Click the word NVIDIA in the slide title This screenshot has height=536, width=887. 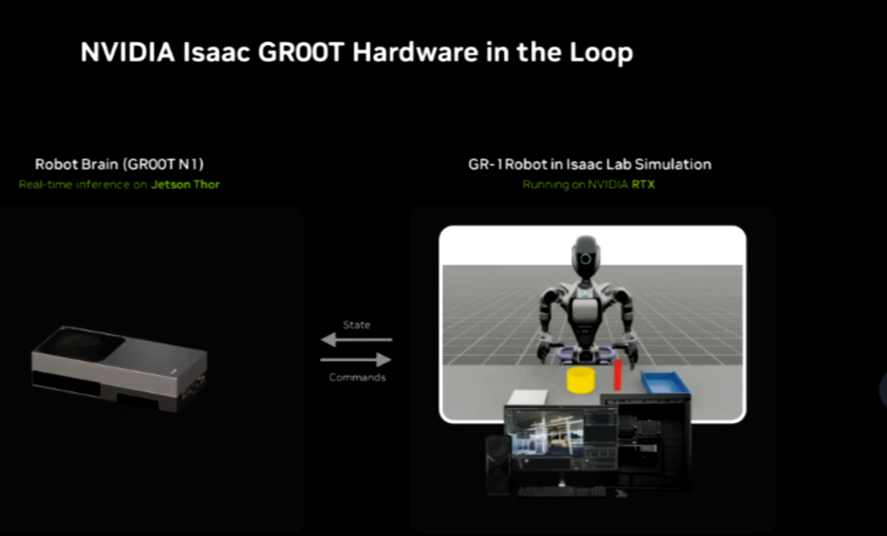(x=128, y=53)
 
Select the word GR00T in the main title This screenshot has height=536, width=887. (x=301, y=53)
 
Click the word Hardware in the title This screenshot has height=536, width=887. (x=415, y=53)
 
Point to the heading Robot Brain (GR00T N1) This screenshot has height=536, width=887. (x=120, y=164)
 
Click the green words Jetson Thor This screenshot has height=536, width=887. (x=185, y=185)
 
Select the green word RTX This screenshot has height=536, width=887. (x=643, y=185)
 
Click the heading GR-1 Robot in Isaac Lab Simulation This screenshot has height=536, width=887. (x=590, y=164)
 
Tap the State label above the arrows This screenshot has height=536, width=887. (x=356, y=325)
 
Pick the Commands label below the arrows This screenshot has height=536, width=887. (x=357, y=377)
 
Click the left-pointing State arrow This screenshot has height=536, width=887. (x=356, y=339)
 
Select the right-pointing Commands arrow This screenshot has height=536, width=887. (x=356, y=359)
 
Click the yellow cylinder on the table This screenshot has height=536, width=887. (x=581, y=380)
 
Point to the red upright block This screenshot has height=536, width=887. (x=618, y=374)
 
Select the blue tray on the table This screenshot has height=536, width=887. (x=665, y=383)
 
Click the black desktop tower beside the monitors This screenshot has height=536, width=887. (x=498, y=465)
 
